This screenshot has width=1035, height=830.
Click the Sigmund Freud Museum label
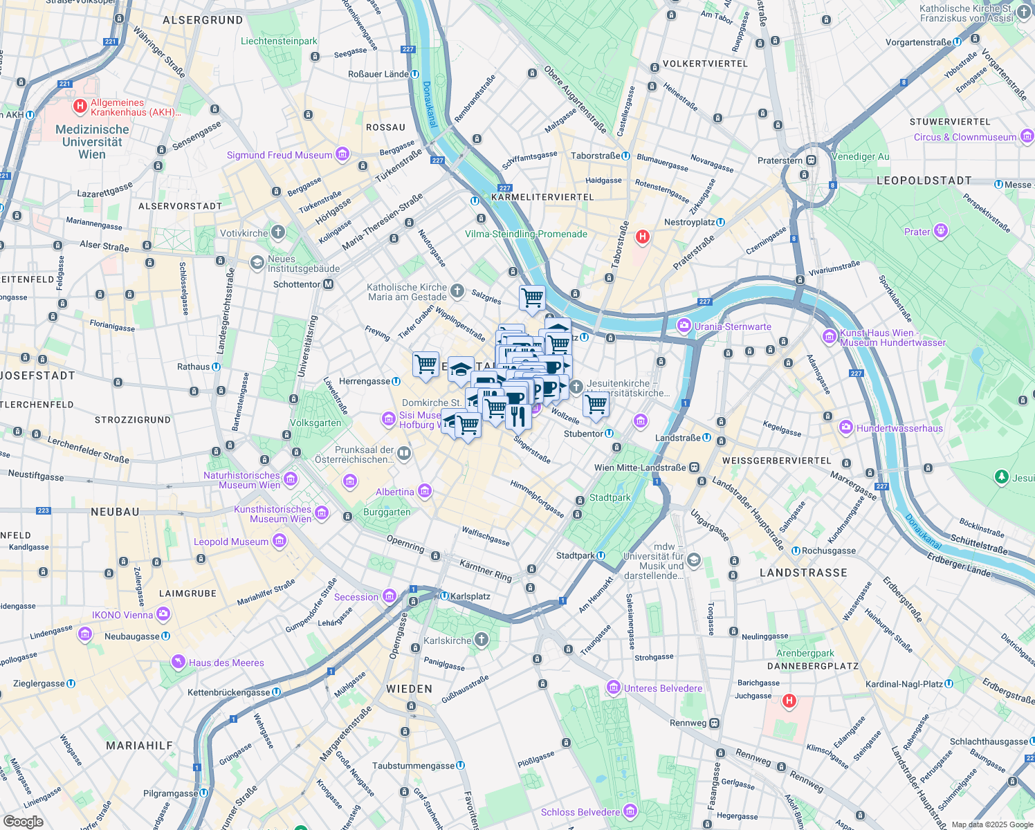(x=280, y=155)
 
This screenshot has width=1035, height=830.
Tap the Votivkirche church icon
(x=278, y=232)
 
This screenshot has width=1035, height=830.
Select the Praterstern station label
(x=780, y=160)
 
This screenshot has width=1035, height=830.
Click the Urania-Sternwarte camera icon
(x=684, y=326)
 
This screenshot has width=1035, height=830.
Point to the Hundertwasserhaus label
(x=899, y=428)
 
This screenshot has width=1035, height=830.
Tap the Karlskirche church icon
(x=482, y=640)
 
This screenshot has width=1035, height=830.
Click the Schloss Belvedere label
(x=580, y=812)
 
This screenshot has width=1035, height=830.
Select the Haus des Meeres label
(x=226, y=663)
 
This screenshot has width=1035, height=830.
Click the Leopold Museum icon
(x=280, y=541)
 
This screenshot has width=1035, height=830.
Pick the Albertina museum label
(x=395, y=492)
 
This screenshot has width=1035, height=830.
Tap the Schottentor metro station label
(x=297, y=284)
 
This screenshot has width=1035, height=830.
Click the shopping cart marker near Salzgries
(x=532, y=299)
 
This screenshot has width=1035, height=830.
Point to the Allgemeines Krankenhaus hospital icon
(x=80, y=107)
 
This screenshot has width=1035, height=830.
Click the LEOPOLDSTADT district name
(x=924, y=181)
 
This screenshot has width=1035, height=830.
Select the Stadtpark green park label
(x=610, y=497)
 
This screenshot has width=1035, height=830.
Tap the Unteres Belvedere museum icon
(x=613, y=688)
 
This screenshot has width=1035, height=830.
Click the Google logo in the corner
(x=23, y=822)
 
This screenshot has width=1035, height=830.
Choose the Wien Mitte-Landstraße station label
(x=640, y=468)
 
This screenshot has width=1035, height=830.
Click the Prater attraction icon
(x=940, y=231)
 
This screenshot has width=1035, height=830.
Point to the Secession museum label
(x=356, y=597)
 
